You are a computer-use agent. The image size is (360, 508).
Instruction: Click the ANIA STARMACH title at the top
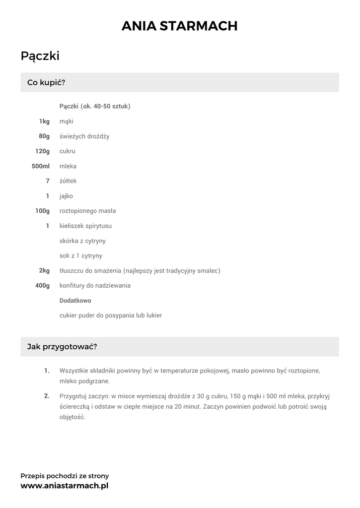[180, 26]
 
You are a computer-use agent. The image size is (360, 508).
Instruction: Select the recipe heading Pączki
[40, 56]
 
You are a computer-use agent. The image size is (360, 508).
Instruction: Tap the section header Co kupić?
[46, 82]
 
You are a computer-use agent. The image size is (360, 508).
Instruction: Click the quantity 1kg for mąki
[44, 122]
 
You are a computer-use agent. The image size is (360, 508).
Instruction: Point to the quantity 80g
[44, 136]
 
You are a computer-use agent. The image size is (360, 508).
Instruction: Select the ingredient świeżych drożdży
[84, 136]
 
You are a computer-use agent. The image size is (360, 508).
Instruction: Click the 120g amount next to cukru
[42, 151]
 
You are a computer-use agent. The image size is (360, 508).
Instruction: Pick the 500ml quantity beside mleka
[41, 166]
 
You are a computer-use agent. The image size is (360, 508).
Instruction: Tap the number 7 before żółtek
[48, 181]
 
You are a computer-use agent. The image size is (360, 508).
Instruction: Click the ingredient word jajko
[66, 196]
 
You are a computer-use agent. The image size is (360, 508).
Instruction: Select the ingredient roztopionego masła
[87, 211]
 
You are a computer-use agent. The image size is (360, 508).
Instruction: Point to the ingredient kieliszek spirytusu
[85, 226]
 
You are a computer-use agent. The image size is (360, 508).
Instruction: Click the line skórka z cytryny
[82, 241]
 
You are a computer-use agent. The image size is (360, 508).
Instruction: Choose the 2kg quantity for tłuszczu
[44, 271]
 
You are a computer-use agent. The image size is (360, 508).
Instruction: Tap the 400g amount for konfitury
[42, 286]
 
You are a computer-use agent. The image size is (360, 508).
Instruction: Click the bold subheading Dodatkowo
[75, 301]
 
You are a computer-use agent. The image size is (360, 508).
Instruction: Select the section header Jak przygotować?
[62, 347]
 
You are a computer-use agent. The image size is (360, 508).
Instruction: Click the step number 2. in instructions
[47, 396]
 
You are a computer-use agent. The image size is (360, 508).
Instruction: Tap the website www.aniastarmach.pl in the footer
[64, 486]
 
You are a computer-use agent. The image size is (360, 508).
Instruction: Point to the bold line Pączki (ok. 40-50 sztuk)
[95, 106]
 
